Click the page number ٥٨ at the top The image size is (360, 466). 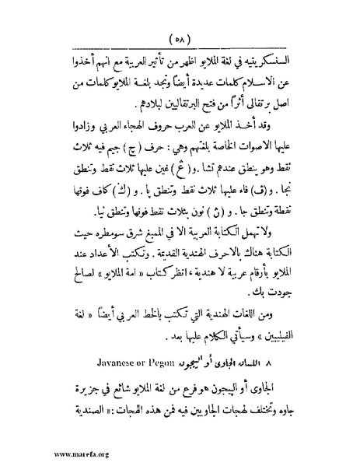pos(180,40)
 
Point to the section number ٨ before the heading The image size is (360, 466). pos(306,362)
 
